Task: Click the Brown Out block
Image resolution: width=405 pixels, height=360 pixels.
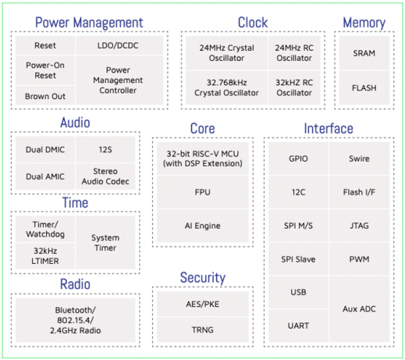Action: (45, 95)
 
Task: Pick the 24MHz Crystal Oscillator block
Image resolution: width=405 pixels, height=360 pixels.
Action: (226, 53)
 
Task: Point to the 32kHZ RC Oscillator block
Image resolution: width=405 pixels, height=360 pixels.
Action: (294, 87)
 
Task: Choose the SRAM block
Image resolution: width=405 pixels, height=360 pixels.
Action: (364, 53)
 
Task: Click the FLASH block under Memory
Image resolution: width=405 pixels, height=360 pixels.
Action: (364, 87)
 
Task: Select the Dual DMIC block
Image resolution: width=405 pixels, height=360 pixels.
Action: (45, 149)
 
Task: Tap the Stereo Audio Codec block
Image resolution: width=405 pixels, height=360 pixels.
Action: (105, 176)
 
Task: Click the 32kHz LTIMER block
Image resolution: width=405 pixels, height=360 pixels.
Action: (45, 256)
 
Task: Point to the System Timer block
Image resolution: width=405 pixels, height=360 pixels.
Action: (105, 243)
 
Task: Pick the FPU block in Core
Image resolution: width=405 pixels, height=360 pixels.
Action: (203, 192)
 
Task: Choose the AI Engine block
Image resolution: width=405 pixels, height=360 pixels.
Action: (203, 226)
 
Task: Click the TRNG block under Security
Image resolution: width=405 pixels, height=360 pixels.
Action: (203, 330)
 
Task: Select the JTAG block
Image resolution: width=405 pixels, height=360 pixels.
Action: (360, 226)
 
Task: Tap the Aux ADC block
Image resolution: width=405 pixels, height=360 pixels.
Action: (360, 309)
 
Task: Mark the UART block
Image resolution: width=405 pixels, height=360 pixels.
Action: (298, 326)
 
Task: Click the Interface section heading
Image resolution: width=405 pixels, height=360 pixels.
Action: (329, 129)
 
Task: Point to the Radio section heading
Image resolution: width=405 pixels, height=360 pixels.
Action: (75, 284)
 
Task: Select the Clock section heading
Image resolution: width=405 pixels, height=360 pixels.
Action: (253, 23)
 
